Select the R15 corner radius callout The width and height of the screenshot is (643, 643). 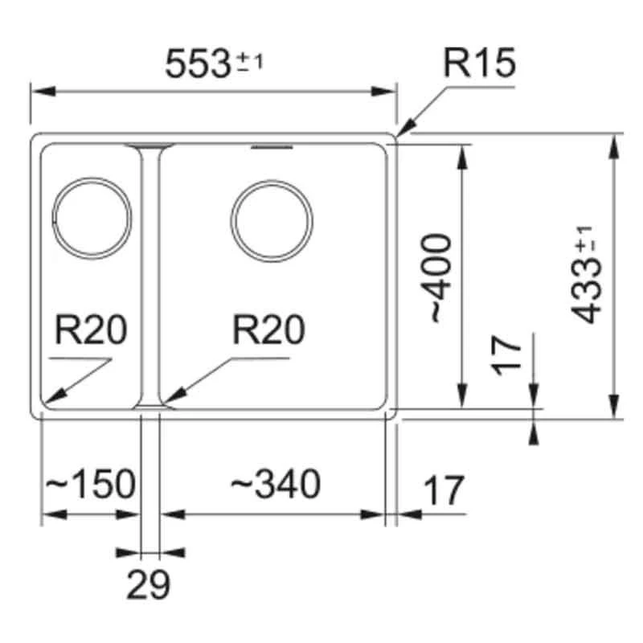(480, 63)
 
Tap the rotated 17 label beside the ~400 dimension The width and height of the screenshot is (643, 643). (508, 355)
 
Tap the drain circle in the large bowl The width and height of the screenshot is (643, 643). (271, 220)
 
